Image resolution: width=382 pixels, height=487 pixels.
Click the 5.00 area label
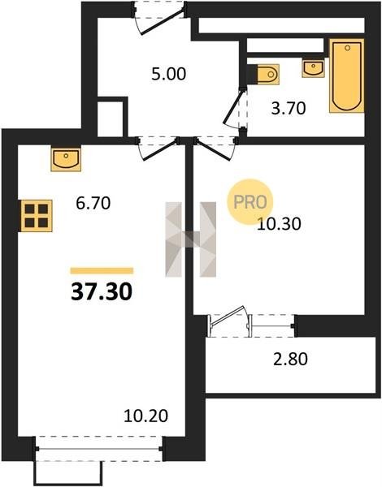tap(168, 74)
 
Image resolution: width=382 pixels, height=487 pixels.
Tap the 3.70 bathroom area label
tap(289, 109)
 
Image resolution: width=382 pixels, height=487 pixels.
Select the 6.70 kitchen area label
tap(93, 204)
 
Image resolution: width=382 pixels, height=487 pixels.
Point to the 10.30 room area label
tap(279, 224)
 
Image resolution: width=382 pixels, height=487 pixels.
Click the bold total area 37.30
tap(102, 292)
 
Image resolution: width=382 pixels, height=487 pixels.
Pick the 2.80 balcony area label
tap(290, 359)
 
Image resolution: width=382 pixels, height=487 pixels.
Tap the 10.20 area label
tap(146, 416)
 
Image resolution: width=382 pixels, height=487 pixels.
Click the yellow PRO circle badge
tap(250, 201)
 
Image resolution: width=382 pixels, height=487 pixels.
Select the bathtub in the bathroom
tap(347, 75)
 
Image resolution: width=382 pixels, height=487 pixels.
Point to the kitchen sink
tap(66, 159)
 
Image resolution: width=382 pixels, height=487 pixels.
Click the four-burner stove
tap(37, 216)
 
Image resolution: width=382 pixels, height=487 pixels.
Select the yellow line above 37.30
tap(102, 271)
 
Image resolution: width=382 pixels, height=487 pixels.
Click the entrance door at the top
tap(160, 18)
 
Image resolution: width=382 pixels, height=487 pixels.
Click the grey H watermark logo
tap(191, 239)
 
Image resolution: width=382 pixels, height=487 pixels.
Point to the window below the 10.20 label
tap(99, 449)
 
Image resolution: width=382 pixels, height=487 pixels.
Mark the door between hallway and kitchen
tap(157, 148)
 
